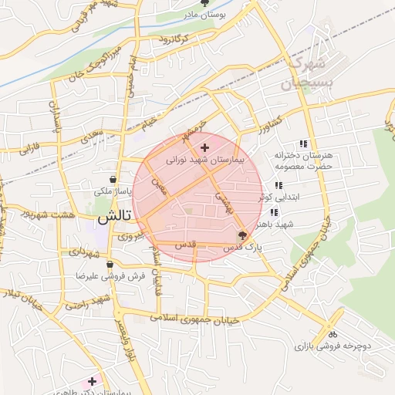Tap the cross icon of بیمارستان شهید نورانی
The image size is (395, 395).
[x=204, y=147]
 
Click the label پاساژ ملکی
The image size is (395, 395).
[x=113, y=190]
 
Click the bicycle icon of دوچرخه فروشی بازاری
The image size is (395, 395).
[x=333, y=335]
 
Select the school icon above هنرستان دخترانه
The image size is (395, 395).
[x=303, y=143]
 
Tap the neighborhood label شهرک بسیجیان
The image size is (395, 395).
[x=306, y=72]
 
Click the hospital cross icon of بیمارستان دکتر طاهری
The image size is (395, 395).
[x=93, y=381]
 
